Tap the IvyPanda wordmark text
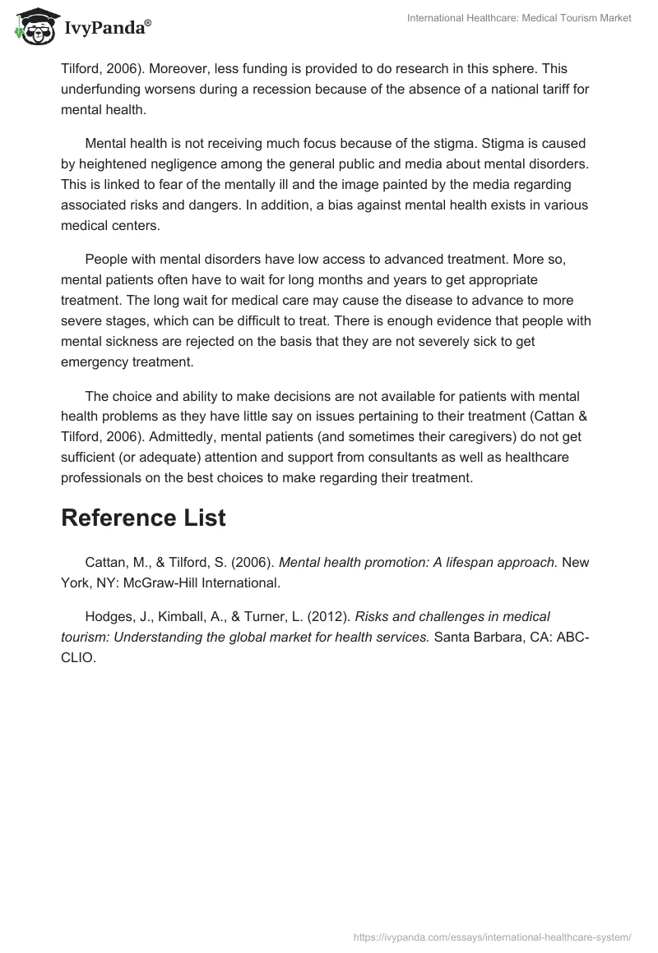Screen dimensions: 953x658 coord(108,29)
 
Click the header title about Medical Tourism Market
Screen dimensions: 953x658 coord(519,18)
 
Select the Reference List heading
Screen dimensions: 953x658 coord(143,518)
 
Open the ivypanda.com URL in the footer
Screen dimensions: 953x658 coord(492,936)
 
